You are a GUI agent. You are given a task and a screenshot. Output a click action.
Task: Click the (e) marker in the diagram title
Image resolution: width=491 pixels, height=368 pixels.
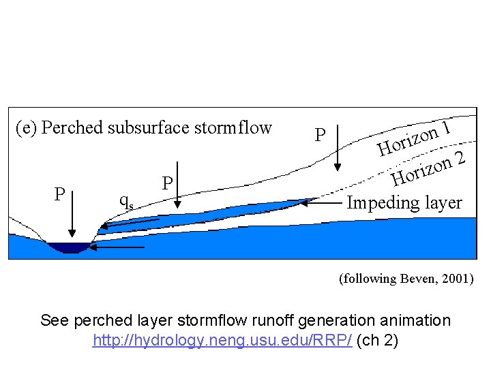27,128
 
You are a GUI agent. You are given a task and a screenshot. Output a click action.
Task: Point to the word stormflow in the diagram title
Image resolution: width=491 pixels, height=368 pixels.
236,127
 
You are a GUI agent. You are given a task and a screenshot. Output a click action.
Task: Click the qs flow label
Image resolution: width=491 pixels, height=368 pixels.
126,200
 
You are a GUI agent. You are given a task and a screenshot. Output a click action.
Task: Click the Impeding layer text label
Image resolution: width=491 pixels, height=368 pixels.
404,202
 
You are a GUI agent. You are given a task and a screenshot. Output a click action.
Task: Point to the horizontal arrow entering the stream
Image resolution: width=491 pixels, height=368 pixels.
117,247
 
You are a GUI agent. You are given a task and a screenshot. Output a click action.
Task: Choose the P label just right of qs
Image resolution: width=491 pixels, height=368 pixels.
166,184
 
